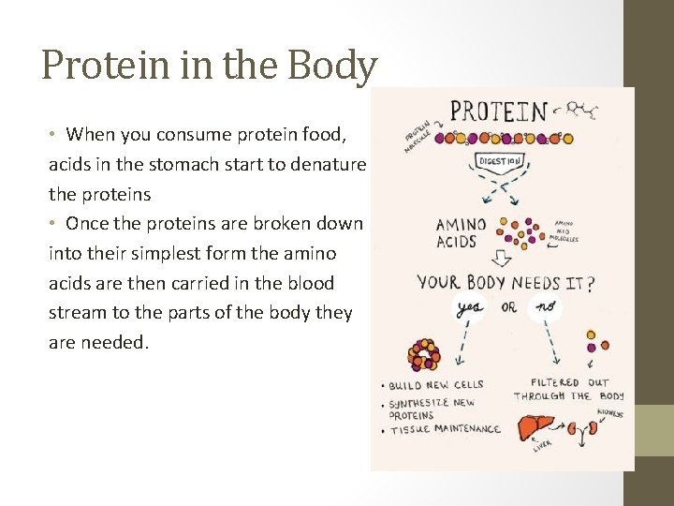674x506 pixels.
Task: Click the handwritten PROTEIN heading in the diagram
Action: coord(497,112)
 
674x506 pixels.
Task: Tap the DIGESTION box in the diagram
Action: coord(502,161)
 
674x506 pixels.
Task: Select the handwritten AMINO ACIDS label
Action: coord(461,233)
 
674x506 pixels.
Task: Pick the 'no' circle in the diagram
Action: coord(545,307)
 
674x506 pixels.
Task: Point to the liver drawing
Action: coord(537,427)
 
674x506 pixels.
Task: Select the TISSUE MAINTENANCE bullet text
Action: coord(445,430)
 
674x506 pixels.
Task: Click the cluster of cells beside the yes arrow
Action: coord(424,354)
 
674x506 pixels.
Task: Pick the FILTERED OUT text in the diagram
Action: coord(569,382)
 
